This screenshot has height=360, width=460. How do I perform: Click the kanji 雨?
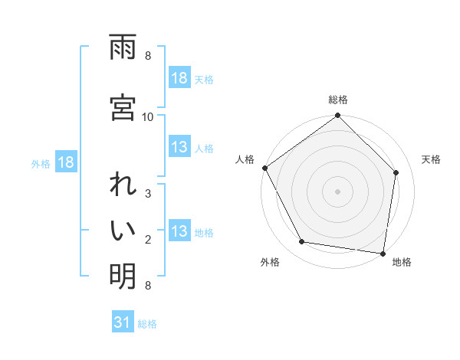pyautogui.click(x=123, y=48)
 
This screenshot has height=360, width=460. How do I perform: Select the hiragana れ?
pyautogui.click(x=123, y=187)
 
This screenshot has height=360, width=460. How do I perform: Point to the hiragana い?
pyautogui.click(x=123, y=231)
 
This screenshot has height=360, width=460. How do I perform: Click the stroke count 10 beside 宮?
pyautogui.click(x=148, y=116)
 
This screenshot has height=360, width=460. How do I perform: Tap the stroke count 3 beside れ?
pyautogui.click(x=148, y=195)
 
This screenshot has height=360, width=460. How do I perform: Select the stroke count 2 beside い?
pyautogui.click(x=148, y=240)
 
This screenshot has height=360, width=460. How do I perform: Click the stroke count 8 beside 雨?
pyautogui.click(x=148, y=56)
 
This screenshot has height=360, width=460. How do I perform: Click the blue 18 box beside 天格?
pyautogui.click(x=179, y=78)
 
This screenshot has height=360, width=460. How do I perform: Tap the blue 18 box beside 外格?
pyautogui.click(x=65, y=163)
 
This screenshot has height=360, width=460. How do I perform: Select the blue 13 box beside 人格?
pyautogui.click(x=179, y=147)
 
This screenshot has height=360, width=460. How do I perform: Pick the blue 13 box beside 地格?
pyautogui.click(x=179, y=232)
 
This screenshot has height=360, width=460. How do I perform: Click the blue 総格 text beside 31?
pyautogui.click(x=147, y=324)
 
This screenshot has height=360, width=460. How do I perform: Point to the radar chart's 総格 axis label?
pyautogui.click(x=338, y=100)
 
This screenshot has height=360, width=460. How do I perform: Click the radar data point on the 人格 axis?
pyautogui.click(x=264, y=168)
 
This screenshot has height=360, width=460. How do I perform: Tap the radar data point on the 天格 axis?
pyautogui.click(x=396, y=172)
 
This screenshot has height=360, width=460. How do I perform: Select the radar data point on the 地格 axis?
pyautogui.click(x=383, y=253)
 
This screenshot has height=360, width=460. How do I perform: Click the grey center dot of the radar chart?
pyautogui.click(x=338, y=191)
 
